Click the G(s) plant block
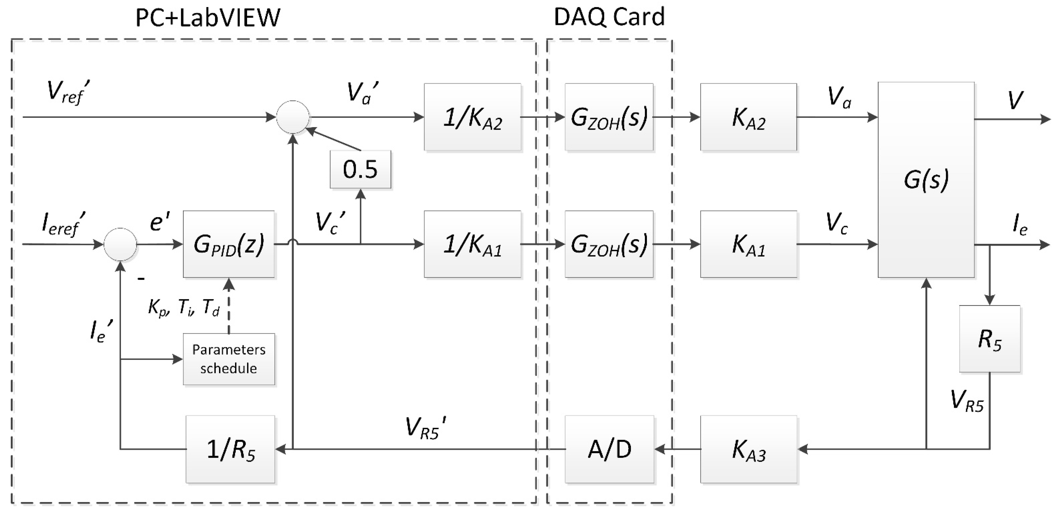tap(926, 180)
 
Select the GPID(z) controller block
tap(228, 245)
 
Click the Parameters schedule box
tap(228, 359)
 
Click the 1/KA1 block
tap(472, 245)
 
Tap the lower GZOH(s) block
tap(609, 245)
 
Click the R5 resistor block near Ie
tap(989, 339)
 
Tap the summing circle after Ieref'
tap(120, 245)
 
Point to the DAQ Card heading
tap(609, 17)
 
